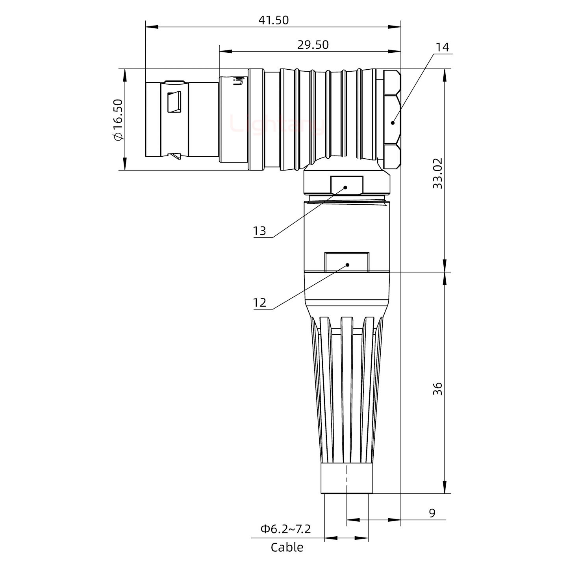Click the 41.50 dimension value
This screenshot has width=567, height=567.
point(273,20)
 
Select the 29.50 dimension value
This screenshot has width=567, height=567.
point(313,45)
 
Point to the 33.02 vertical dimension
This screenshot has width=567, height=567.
point(437,173)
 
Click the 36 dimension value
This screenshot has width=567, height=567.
point(437,389)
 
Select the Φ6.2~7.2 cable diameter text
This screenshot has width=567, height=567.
point(285,529)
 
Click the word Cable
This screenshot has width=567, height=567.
point(287,547)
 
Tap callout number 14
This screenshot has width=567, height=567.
point(442,47)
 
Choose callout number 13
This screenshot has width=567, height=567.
point(259,231)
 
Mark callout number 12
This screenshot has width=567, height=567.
point(259,302)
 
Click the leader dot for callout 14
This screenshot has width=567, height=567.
point(393,123)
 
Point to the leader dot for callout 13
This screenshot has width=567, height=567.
point(346,187)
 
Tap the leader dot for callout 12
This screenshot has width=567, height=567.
point(347,265)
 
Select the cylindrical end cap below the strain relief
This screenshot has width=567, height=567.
point(346,478)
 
